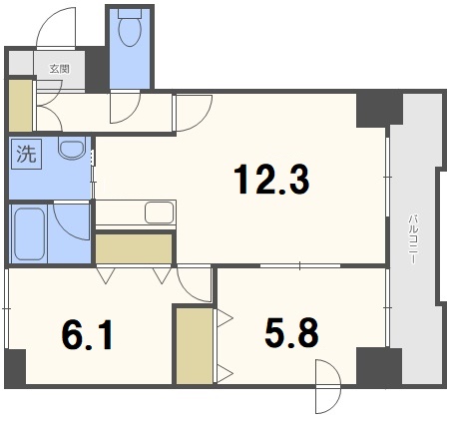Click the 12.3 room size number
click(x=271, y=180)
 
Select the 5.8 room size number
click(x=291, y=332)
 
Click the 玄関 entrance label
click(x=60, y=69)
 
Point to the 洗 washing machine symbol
click(x=27, y=154)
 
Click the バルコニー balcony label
click(x=413, y=239)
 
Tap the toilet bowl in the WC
click(x=130, y=28)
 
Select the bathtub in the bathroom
click(x=29, y=233)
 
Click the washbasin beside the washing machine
click(x=72, y=148)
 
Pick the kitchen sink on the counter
click(x=160, y=212)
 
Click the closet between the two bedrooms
click(x=195, y=346)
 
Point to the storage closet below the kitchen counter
click(x=134, y=248)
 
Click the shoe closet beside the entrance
click(x=20, y=106)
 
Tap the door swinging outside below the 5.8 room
click(x=328, y=386)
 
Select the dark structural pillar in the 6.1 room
click(x=16, y=367)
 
